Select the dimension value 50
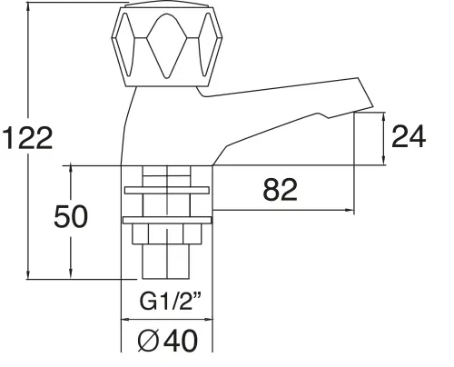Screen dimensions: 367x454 tap(71, 218)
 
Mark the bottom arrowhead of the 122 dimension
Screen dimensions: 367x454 tap(31, 274)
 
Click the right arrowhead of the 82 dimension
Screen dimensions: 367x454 tap(349, 211)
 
